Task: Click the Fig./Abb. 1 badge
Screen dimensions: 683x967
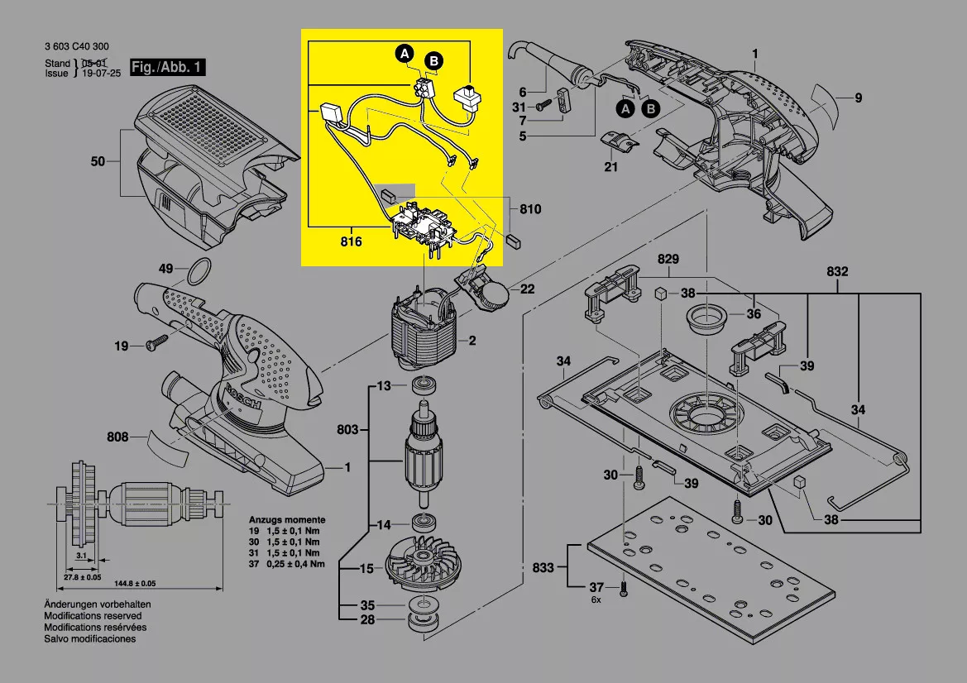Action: (166, 67)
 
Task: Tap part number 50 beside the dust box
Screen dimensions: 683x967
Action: (98, 161)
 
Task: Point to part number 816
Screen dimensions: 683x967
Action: (351, 242)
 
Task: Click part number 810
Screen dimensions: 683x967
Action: (529, 209)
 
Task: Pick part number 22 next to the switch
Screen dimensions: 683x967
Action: (527, 289)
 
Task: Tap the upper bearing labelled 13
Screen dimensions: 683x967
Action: (424, 386)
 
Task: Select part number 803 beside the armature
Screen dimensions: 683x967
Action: (348, 429)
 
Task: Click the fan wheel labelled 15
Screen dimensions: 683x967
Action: (421, 568)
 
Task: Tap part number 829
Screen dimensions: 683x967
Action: (668, 260)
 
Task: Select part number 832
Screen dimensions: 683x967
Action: (837, 271)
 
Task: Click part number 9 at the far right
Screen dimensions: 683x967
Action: (859, 98)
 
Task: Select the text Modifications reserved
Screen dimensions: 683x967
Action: (93, 616)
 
